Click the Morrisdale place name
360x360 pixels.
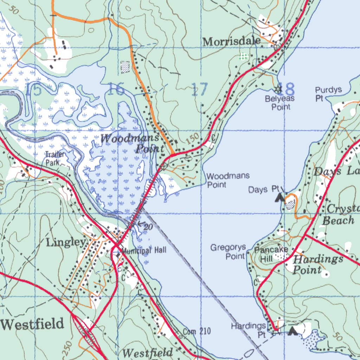[x=231, y=41]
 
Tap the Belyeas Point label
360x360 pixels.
[x=280, y=103]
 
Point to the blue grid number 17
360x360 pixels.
[x=200, y=90]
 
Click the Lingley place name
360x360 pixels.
[x=66, y=242]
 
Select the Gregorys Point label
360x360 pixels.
[x=228, y=252]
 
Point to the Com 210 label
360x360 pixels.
[x=197, y=331]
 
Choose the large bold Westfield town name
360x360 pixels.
[x=32, y=324]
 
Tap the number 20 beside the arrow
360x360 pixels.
[x=148, y=227]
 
